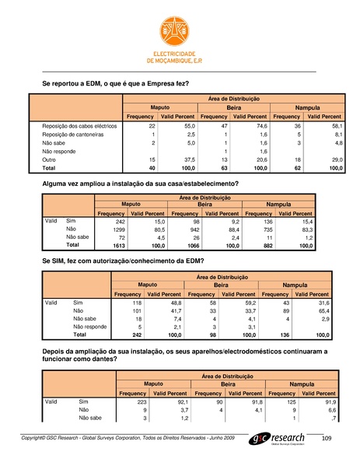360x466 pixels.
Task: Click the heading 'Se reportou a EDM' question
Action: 115,82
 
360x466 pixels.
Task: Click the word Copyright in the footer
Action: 37,440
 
